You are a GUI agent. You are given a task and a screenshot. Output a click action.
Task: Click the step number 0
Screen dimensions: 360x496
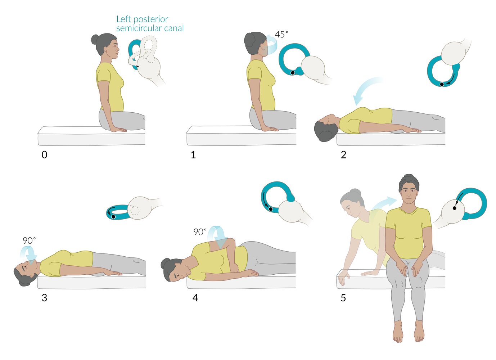pos(44,155)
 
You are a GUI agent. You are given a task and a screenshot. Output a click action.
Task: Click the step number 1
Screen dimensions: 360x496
pos(193,155)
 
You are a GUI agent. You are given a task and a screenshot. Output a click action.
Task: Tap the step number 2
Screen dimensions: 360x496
pos(343,155)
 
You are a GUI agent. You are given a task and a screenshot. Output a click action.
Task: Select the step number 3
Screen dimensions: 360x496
pos(44,298)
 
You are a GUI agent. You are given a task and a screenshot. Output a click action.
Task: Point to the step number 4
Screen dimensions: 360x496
pos(195,298)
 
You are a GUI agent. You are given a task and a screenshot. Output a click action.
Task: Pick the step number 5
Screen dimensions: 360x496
pos(343,298)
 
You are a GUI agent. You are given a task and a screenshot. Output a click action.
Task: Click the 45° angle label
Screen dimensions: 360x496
pos(281,35)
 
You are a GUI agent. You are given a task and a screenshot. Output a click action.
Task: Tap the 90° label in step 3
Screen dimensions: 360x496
pos(29,240)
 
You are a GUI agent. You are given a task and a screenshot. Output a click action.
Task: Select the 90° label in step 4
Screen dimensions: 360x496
pos(200,232)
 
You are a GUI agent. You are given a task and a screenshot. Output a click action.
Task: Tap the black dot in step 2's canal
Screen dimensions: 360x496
pos(442,84)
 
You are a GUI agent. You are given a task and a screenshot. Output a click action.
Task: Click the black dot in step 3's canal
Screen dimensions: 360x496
pos(113,217)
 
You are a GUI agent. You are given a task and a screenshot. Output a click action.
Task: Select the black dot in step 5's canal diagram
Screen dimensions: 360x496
pos(455,208)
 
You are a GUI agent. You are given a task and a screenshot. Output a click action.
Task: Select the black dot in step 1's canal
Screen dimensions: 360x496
pos(293,73)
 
